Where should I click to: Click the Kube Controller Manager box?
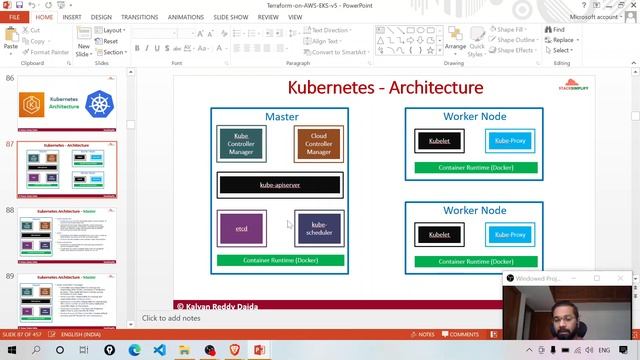pos(241,145)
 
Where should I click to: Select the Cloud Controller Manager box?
pos(319,145)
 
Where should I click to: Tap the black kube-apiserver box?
pos(280,185)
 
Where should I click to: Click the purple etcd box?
pos(242,229)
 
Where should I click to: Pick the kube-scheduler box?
pos(319,229)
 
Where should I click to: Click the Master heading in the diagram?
pos(281,117)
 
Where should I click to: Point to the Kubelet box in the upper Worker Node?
pos(439,142)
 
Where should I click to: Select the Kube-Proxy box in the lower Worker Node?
pos(510,235)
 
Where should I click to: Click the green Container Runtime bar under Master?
pos(280,260)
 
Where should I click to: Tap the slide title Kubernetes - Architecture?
pos(385,88)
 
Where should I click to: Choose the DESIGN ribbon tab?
pos(101,17)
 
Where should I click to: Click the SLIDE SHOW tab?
pos(231,17)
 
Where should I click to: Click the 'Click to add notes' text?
pos(171,318)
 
